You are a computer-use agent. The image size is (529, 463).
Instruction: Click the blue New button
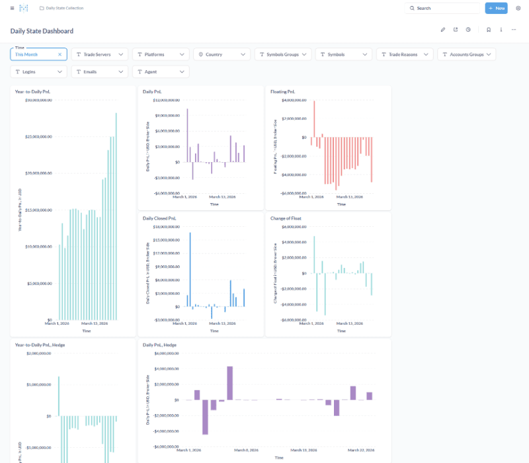coord(496,8)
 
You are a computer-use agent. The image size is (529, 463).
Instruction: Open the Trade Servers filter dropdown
coord(100,54)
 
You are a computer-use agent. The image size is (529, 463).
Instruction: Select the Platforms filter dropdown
coord(161,54)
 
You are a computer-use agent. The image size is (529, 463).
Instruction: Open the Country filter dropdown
coord(222,54)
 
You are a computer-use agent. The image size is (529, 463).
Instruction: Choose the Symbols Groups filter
coord(283,54)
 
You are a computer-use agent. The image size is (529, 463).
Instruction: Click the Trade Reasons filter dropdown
coord(405,54)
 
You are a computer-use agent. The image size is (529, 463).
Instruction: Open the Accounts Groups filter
coord(466,54)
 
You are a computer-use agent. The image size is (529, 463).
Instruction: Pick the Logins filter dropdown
coord(38,71)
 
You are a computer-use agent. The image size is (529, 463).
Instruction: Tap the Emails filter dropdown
coord(100,71)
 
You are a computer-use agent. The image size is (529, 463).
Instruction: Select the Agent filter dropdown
coord(161,71)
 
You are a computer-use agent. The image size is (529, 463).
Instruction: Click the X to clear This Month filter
coord(60,54)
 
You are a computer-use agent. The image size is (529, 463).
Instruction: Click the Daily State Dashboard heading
coord(42,31)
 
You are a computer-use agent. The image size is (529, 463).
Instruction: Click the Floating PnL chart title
coord(284,91)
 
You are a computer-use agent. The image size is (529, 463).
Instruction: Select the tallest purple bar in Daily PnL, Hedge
coord(229,383)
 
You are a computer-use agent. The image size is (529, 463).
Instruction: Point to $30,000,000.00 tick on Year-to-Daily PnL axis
coord(38,100)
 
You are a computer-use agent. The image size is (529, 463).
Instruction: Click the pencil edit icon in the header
coord(443,30)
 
